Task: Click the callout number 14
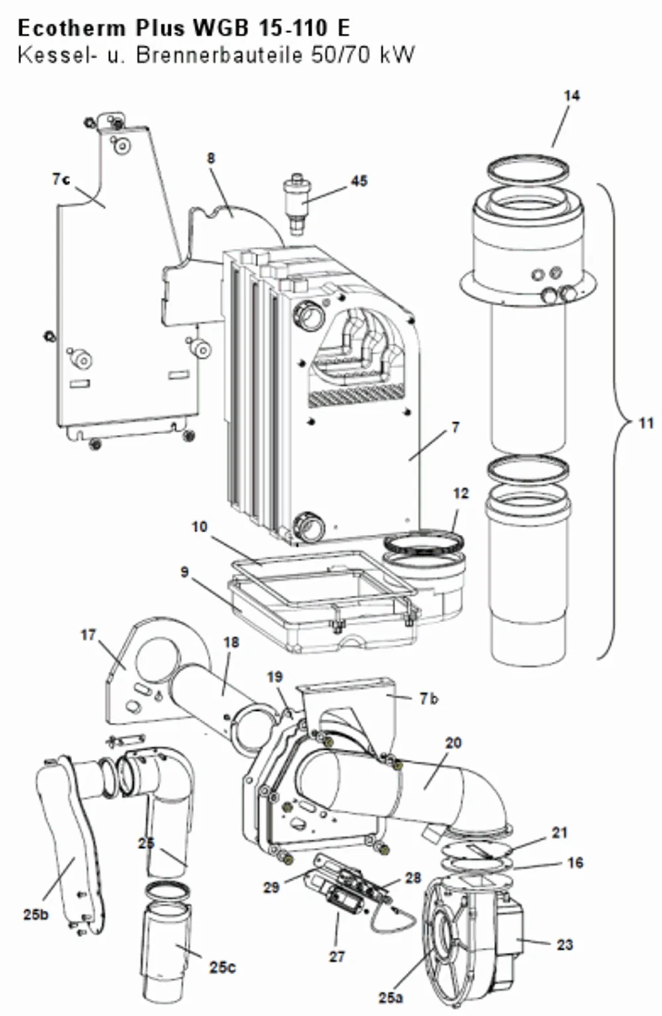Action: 572,96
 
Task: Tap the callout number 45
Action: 359,181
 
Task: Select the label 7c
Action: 62,179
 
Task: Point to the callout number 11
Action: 646,423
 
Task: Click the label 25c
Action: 222,968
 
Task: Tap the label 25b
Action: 36,915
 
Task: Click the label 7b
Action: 429,699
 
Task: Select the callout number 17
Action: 89,635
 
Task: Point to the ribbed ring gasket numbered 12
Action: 423,543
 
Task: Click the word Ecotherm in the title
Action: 72,28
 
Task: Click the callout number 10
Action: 200,527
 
